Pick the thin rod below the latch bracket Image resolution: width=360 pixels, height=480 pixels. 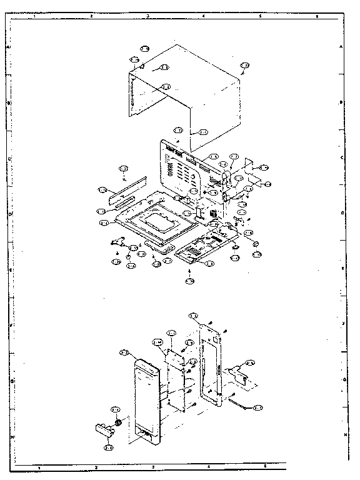click(x=241, y=404)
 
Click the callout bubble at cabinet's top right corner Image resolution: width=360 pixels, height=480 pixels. click(x=245, y=66)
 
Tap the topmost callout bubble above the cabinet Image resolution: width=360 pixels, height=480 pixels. click(x=144, y=48)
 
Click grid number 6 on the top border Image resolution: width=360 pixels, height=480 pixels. click(x=317, y=15)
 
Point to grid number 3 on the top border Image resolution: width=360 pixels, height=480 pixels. click(x=147, y=15)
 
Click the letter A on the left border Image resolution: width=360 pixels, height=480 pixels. click(x=8, y=47)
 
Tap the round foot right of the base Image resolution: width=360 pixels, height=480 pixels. click(x=255, y=242)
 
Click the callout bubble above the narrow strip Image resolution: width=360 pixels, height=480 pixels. click(x=123, y=169)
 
